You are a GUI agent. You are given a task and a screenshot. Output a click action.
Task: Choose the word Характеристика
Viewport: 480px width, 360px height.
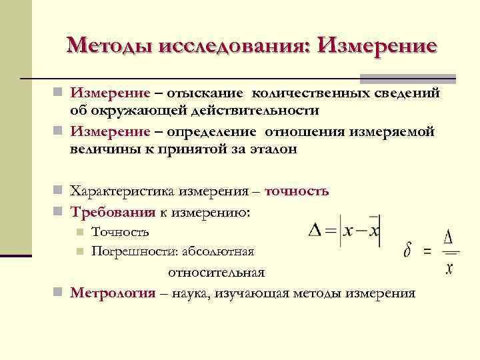coord(123,191)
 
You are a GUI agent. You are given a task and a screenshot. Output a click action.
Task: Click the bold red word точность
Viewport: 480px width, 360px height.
coord(297,191)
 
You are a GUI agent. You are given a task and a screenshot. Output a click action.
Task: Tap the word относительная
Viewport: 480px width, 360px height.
coord(216,272)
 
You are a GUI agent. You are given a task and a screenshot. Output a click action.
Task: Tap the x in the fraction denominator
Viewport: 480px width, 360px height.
coord(450,269)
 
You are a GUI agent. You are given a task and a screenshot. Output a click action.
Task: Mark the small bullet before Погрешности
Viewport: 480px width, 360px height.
coord(79,251)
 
